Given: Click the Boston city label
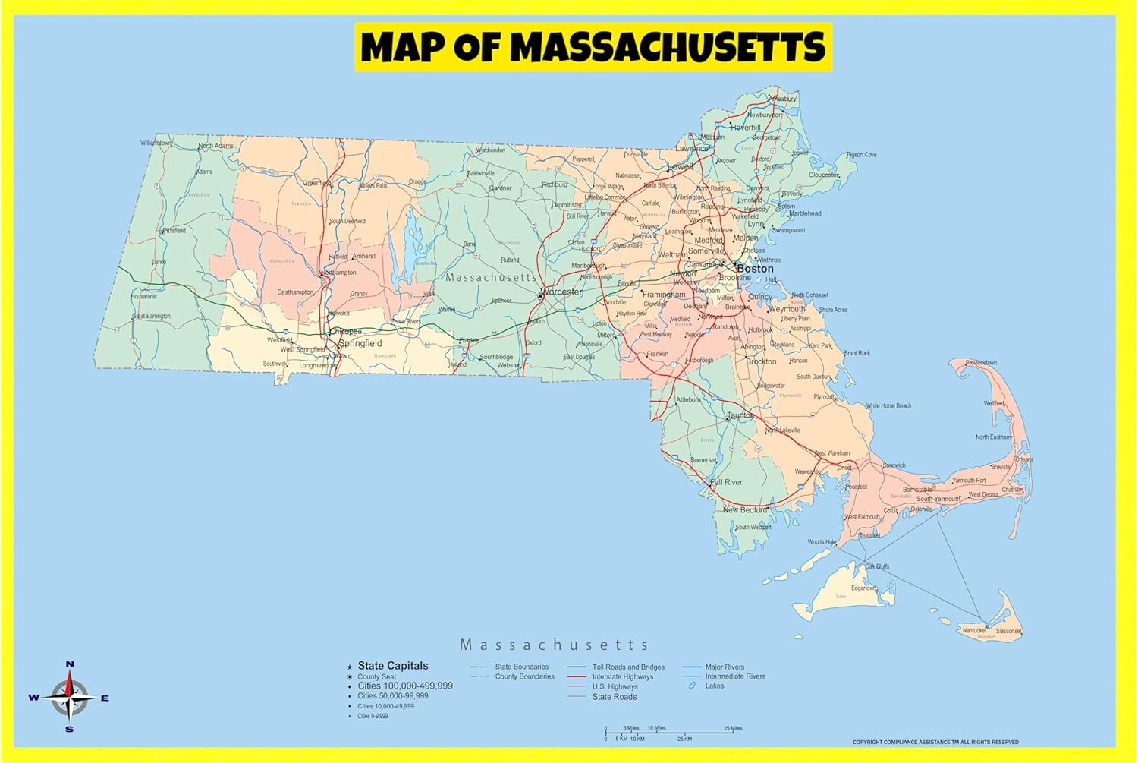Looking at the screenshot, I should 755,269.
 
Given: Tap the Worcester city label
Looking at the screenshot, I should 562,292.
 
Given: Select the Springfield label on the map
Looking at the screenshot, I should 360,343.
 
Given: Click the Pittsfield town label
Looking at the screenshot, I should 174,230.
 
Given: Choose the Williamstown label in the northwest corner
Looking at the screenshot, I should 156,143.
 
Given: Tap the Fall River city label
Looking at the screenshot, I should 726,482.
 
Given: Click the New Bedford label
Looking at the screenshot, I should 744,510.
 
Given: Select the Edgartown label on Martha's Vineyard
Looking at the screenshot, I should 863,588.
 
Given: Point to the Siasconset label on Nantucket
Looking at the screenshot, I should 1008,631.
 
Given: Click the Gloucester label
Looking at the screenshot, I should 823,175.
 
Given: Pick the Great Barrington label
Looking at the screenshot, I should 152,316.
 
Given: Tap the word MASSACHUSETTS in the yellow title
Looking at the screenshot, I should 667,47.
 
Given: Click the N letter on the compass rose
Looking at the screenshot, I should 70,664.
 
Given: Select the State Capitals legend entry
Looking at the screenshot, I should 392,666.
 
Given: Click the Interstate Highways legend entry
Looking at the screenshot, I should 622,676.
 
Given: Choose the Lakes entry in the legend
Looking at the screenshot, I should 714,686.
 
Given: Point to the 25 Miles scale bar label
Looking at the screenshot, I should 733,728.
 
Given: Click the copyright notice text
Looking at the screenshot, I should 935,742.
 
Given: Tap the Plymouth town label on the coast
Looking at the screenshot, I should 824,396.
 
